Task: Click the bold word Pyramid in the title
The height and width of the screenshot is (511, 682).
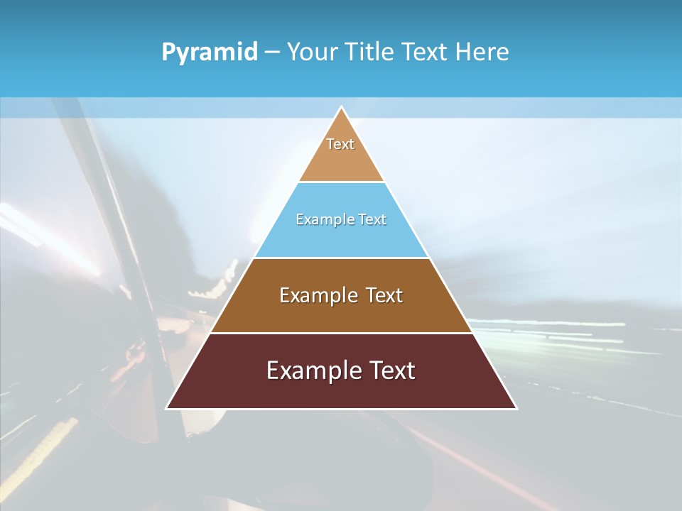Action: (x=210, y=53)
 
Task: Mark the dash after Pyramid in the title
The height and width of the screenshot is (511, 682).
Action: (x=272, y=53)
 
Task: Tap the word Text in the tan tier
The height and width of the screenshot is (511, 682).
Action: (x=340, y=144)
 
